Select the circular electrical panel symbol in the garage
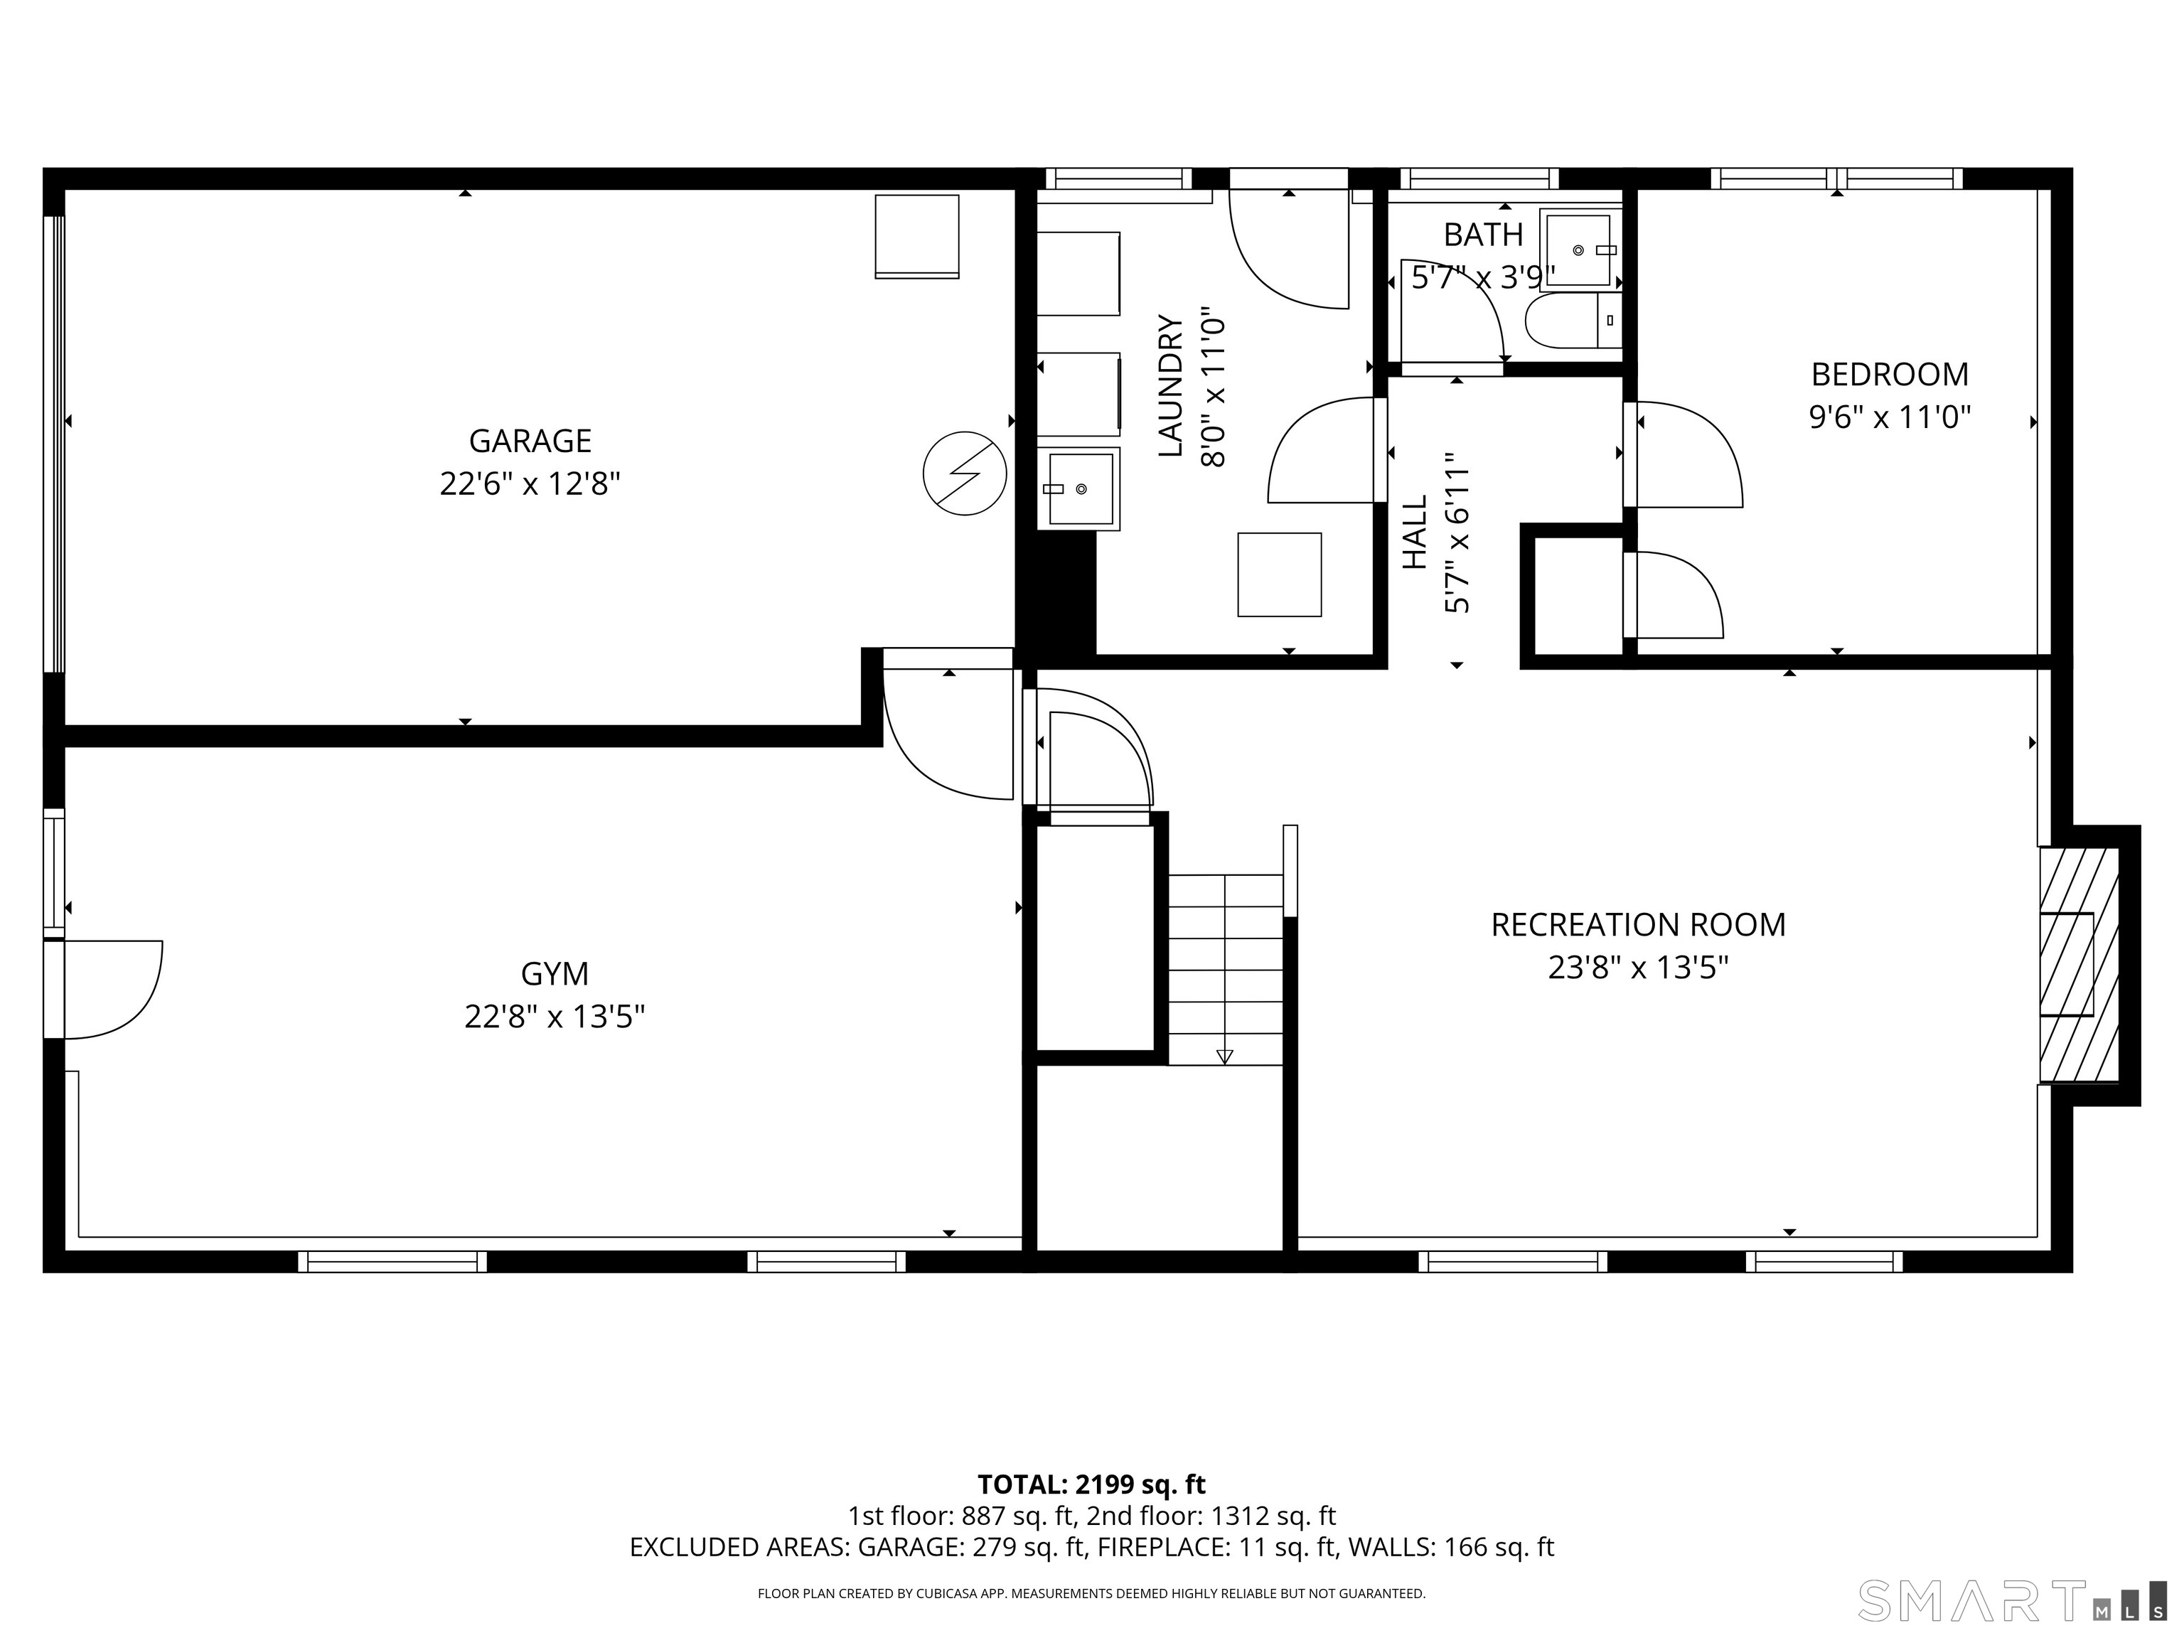tap(963, 473)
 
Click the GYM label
tap(554, 973)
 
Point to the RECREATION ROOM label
tap(1637, 924)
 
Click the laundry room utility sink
tap(1078, 488)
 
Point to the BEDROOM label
tap(1889, 374)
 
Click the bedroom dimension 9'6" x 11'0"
tap(1889, 417)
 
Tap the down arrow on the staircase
tap(1224, 1056)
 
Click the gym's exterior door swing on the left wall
tap(109, 987)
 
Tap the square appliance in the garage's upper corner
tap(916, 236)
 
